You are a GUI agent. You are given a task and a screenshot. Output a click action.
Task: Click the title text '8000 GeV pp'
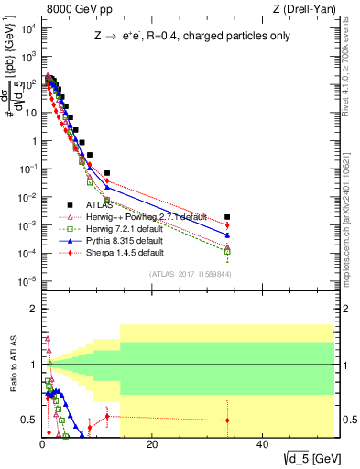(x=74, y=9)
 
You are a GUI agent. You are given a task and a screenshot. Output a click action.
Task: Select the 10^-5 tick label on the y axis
(x=25, y=281)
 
